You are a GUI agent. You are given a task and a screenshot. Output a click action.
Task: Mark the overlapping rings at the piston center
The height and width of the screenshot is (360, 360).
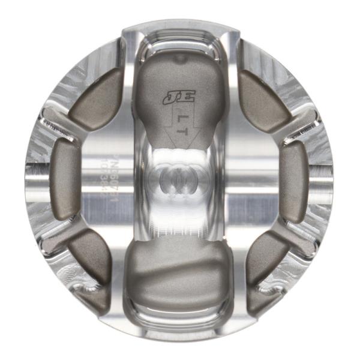tap(179, 180)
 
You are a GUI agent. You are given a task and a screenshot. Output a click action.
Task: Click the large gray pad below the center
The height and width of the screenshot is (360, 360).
tap(178, 282)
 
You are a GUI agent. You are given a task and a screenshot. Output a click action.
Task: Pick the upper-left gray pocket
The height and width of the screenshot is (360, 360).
tap(97, 99)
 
